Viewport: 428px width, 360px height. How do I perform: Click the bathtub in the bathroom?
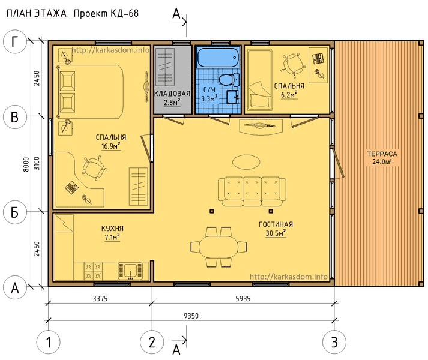click(218, 58)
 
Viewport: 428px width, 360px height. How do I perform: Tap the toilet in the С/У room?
click(229, 80)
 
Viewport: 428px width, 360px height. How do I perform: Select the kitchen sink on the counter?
click(130, 271)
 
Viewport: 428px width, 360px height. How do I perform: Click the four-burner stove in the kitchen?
click(93, 271)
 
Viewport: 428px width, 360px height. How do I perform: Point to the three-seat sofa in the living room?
click(252, 191)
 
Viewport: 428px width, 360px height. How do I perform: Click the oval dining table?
click(219, 247)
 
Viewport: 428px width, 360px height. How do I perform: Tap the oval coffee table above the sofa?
click(246, 162)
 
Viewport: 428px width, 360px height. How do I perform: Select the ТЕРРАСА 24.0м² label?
click(382, 158)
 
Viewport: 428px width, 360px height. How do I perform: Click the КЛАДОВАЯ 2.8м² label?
click(172, 98)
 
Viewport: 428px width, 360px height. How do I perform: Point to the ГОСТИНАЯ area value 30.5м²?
click(276, 233)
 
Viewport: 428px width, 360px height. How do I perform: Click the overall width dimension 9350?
click(191, 316)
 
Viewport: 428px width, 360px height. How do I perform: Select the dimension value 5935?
click(243, 299)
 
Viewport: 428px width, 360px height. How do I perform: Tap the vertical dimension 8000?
click(26, 164)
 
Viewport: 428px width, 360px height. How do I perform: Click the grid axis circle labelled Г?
click(15, 42)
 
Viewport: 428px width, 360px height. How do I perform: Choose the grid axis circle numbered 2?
click(152, 342)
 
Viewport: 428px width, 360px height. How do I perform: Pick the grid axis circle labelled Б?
click(15, 212)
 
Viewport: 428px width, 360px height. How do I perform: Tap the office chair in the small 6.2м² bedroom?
click(293, 65)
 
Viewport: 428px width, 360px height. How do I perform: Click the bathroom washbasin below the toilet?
click(232, 97)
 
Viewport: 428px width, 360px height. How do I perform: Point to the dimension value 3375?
click(100, 299)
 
